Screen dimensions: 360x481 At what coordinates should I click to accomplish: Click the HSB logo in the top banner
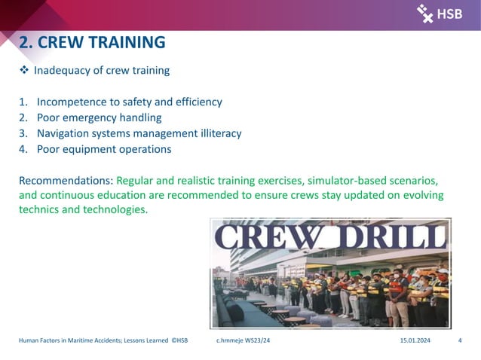440,13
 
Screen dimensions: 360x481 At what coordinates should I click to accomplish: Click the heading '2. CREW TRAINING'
91,42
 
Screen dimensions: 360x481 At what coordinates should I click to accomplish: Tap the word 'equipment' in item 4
90,149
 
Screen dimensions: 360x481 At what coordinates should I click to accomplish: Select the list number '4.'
23,149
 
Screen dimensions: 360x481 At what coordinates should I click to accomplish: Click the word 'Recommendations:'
66,181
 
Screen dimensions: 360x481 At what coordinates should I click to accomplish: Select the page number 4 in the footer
460,341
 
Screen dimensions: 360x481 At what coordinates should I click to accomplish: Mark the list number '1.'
23,102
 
